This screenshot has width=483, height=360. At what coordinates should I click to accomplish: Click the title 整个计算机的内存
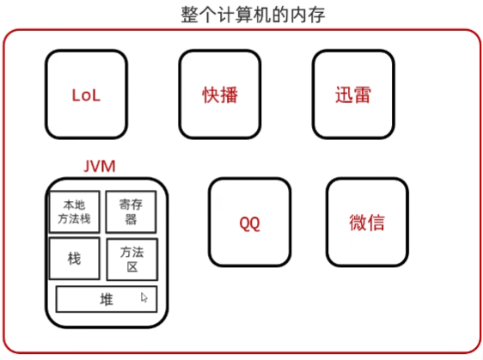pyautogui.click(x=253, y=15)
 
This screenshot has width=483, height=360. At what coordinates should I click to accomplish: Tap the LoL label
pyautogui.click(x=86, y=95)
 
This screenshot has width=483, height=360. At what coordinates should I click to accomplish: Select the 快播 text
pyautogui.click(x=220, y=95)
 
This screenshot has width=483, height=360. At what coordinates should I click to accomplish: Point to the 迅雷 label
pyautogui.click(x=353, y=95)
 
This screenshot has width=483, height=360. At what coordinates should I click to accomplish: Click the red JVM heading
pyautogui.click(x=100, y=167)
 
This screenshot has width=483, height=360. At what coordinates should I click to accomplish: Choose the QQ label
pyautogui.click(x=250, y=223)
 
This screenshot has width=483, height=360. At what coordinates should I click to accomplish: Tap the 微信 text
pyautogui.click(x=367, y=223)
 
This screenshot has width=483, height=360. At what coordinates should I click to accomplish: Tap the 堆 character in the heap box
pyautogui.click(x=107, y=299)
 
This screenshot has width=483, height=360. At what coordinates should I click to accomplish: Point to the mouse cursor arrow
pyautogui.click(x=144, y=297)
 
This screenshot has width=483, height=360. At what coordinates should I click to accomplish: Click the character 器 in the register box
pyautogui.click(x=131, y=219)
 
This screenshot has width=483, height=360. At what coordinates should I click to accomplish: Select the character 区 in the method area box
pyautogui.click(x=132, y=266)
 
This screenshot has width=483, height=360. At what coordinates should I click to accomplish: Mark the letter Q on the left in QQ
pyautogui.click(x=245, y=223)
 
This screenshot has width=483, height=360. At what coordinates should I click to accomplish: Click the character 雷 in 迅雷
pyautogui.click(x=363, y=95)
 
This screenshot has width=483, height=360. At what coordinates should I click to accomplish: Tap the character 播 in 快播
pyautogui.click(x=229, y=95)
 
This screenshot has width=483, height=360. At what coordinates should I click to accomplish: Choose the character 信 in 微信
pyautogui.click(x=376, y=223)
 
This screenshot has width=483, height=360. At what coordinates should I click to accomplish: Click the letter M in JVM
pyautogui.click(x=109, y=167)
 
